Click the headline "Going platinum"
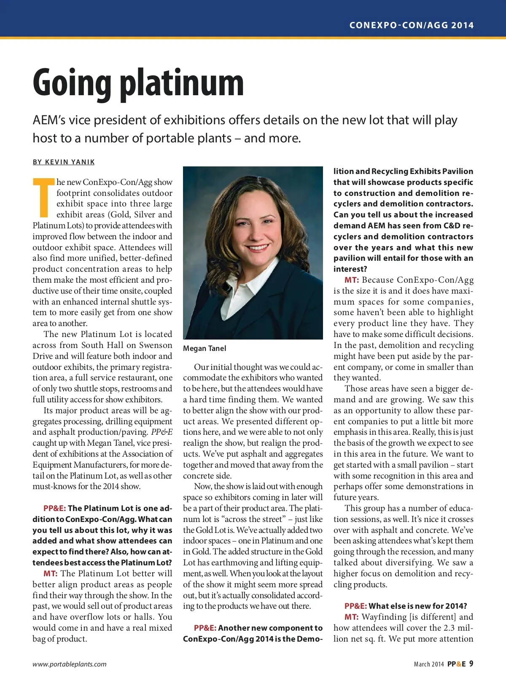click(x=138, y=83)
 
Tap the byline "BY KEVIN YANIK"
click(x=64, y=162)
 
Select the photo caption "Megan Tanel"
click(x=205, y=348)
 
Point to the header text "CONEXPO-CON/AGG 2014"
click(x=411, y=25)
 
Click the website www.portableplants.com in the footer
click(x=70, y=664)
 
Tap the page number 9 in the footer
click(x=471, y=664)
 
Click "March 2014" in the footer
click(x=428, y=664)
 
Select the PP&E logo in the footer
click(x=456, y=664)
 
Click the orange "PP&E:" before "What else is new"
click(x=355, y=606)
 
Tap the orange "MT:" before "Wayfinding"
click(x=351, y=617)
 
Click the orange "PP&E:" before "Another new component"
click(x=205, y=628)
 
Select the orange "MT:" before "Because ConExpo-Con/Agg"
click(x=351, y=280)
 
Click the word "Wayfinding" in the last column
click(x=384, y=617)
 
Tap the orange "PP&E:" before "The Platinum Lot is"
click(x=54, y=508)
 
